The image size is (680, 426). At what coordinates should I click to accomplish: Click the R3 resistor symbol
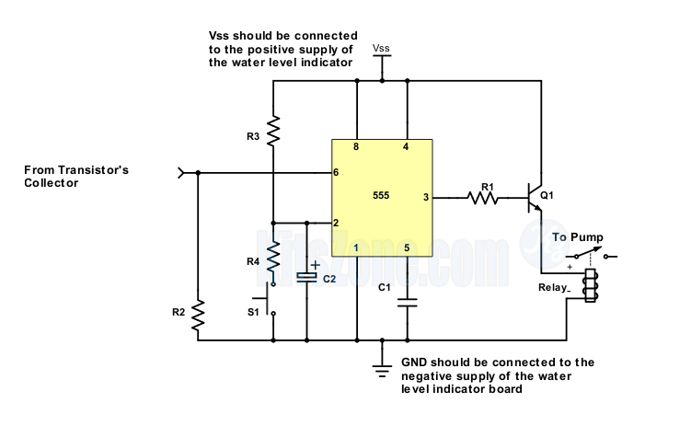click(273, 131)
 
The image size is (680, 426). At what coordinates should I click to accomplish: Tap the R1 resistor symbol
click(482, 196)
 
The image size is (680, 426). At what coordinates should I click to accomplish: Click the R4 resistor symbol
click(273, 260)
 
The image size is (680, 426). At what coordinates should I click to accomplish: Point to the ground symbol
click(381, 367)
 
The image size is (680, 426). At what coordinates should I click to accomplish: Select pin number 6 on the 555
click(337, 172)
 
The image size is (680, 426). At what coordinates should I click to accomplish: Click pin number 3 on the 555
click(424, 196)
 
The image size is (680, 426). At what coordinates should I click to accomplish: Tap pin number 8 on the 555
click(356, 147)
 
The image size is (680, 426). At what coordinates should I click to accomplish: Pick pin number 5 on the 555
click(406, 248)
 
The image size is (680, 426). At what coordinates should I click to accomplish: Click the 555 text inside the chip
click(381, 196)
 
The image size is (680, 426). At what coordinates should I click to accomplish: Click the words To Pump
click(577, 236)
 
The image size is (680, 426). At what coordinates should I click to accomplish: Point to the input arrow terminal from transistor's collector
click(181, 171)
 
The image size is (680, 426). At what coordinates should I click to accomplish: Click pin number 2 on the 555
click(337, 223)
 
